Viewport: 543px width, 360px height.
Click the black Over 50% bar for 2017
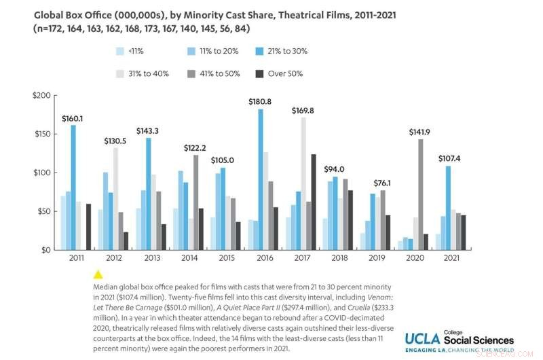pos(313,202)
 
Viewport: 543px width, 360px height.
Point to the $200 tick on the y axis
pos(41,95)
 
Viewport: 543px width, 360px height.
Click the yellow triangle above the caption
pos(98,274)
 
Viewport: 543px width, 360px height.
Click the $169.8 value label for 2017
pos(303,110)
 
